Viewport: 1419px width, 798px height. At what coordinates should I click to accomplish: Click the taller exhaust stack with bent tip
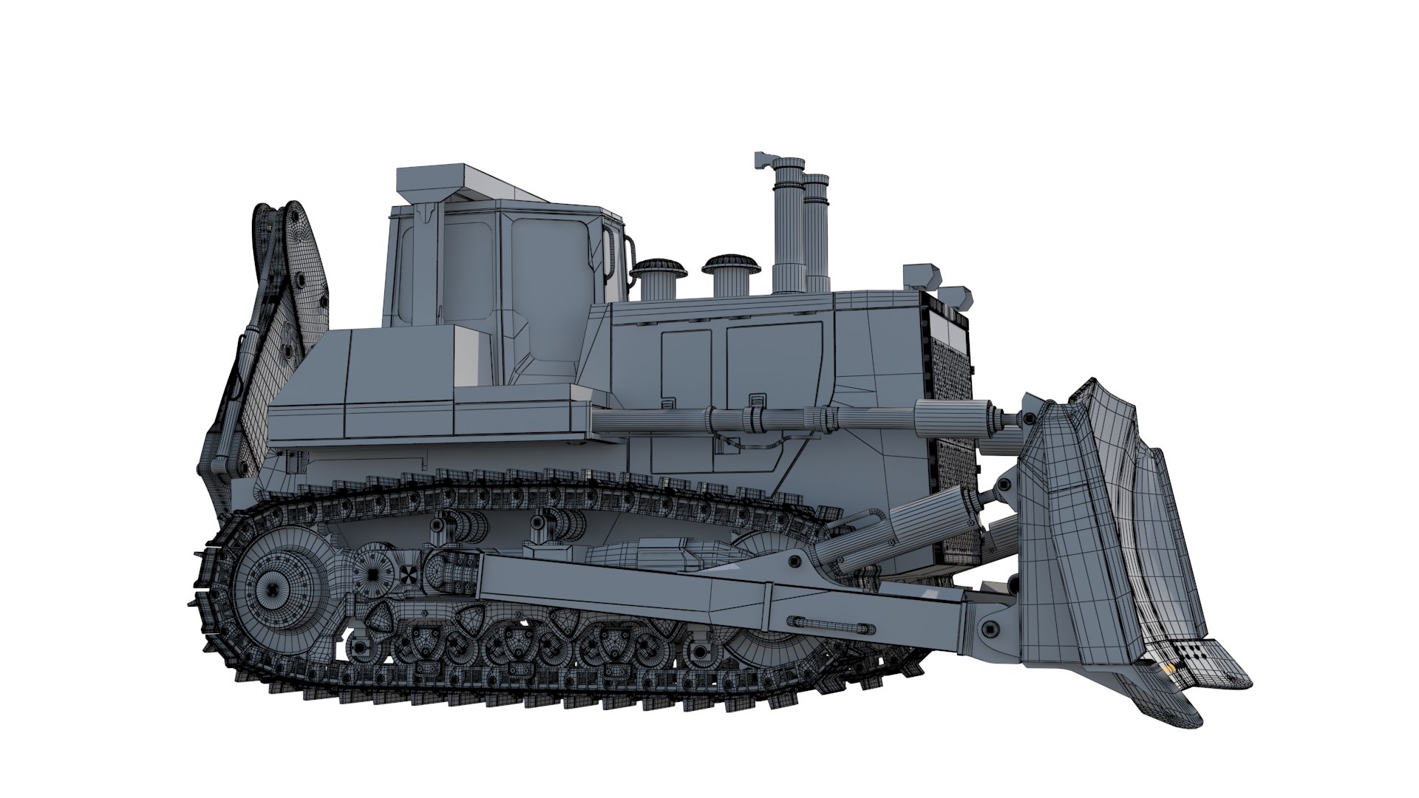coord(787,222)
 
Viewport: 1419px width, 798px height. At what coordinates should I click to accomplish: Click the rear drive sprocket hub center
coord(273,587)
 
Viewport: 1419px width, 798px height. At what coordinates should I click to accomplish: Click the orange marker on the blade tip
coord(1168,669)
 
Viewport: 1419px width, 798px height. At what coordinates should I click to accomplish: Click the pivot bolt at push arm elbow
coord(799,563)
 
